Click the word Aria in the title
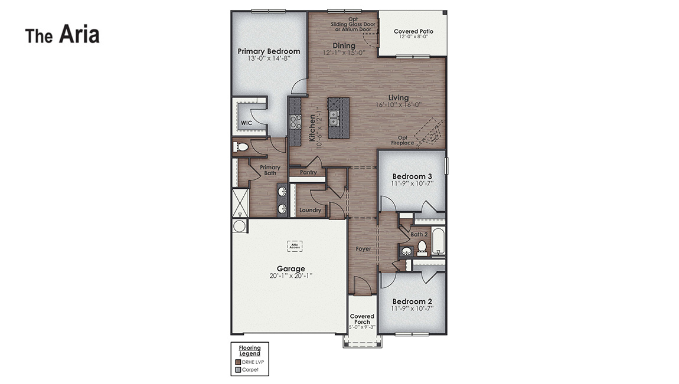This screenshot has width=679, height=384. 79,35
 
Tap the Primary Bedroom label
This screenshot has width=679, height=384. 269,51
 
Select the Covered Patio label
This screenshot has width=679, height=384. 413,31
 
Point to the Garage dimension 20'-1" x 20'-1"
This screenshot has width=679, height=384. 290,275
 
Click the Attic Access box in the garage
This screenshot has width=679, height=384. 295,245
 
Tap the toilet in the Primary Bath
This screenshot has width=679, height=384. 241,147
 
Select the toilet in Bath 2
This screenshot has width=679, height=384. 422,246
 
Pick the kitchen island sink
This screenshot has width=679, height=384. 334,118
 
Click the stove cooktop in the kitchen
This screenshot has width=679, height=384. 295,122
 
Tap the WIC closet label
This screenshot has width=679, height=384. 246,123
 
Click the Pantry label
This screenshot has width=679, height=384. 308,173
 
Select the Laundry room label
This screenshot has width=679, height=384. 310,210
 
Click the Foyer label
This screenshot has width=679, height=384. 363,249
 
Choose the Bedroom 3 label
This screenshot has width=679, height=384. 413,176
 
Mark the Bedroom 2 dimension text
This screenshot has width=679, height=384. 413,308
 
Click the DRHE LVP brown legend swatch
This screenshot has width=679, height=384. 238,362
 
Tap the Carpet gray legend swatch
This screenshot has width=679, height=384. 238,370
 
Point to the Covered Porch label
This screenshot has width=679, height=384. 361,319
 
